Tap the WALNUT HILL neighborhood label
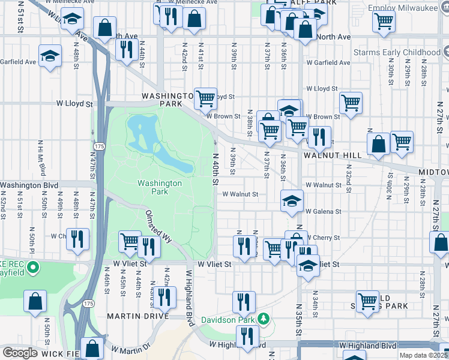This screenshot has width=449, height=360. [332, 155]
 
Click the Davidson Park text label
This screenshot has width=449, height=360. [228, 319]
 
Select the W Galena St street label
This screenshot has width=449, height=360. [323, 212]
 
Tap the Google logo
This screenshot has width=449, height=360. [20, 353]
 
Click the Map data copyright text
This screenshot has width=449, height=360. [424, 355]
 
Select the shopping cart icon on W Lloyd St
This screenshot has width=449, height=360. [205, 97]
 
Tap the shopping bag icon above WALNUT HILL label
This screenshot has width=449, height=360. [379, 143]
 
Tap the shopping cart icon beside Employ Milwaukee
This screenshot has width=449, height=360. [384, 21]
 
